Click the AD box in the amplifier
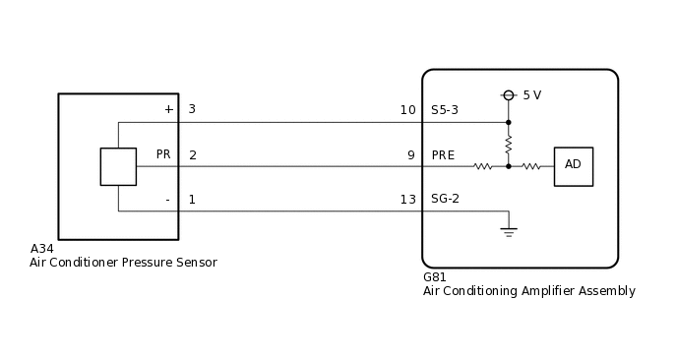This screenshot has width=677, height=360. tap(573, 166)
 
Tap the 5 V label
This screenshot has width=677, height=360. tap(531, 95)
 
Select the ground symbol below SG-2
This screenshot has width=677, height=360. tap(509, 232)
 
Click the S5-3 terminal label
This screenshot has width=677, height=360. tap(446, 110)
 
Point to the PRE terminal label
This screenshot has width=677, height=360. tap(443, 155)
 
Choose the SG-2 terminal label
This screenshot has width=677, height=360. tap(446, 199)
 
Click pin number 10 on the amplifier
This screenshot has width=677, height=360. tap(407, 110)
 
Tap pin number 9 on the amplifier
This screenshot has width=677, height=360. tap(410, 155)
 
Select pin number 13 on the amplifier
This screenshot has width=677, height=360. tap(407, 199)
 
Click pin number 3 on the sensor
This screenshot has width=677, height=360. tap(192, 109)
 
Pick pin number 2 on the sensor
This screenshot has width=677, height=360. tap(192, 155)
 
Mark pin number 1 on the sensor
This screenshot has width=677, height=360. tap(192, 200)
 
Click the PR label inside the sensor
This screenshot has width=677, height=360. tap(163, 155)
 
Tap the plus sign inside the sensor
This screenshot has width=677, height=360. tap(168, 109)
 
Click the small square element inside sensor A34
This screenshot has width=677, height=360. tap(118, 166)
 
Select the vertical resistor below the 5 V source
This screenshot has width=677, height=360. tap(509, 145)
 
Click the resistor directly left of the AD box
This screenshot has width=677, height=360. tap(531, 166)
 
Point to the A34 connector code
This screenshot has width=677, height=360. tap(42, 249)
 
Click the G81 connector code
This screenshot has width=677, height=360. tap(435, 277)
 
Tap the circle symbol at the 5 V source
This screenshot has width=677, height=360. tap(509, 95)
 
